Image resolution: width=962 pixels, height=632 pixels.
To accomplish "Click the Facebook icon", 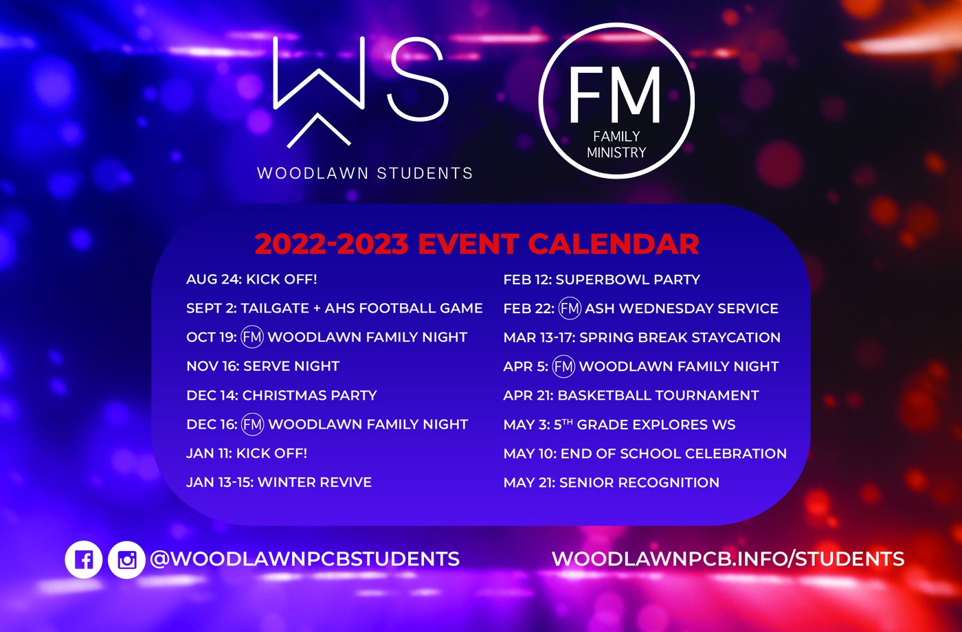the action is coord(83,559).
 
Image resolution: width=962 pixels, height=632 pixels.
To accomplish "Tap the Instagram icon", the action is coord(126,559).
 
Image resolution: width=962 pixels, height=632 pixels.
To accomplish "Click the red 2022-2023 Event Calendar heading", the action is coord(477,245).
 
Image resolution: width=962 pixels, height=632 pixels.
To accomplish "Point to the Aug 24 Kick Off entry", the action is coord(251,280).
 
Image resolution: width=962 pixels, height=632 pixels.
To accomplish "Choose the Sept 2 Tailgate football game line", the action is coord(335,308).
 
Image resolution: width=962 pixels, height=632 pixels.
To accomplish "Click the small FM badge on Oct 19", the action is coord(252,337).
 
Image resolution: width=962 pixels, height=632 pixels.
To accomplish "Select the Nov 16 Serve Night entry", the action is coord(262,366).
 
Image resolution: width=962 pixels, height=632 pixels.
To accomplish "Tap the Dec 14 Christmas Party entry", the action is coord(282,396).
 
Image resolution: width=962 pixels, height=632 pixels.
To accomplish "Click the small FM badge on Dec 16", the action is coord(253,425).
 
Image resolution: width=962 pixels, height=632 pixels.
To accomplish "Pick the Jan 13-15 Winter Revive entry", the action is coord(279,482).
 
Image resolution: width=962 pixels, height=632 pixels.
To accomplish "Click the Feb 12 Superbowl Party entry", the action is coord(602,280).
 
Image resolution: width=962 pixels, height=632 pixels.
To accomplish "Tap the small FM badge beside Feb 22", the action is coord(570,308).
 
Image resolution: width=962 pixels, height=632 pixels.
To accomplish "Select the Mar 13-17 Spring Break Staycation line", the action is coord(642,337).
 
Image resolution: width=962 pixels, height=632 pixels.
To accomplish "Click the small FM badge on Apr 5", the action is coord(563,366).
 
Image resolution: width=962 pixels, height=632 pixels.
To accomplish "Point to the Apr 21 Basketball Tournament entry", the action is coord(631,396).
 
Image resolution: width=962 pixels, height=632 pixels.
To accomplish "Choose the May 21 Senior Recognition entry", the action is coord(612,482).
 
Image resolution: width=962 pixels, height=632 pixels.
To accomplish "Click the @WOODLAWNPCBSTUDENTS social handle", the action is coord(305,559).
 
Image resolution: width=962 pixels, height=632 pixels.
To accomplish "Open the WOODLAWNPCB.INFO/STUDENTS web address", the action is coord(728,559).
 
